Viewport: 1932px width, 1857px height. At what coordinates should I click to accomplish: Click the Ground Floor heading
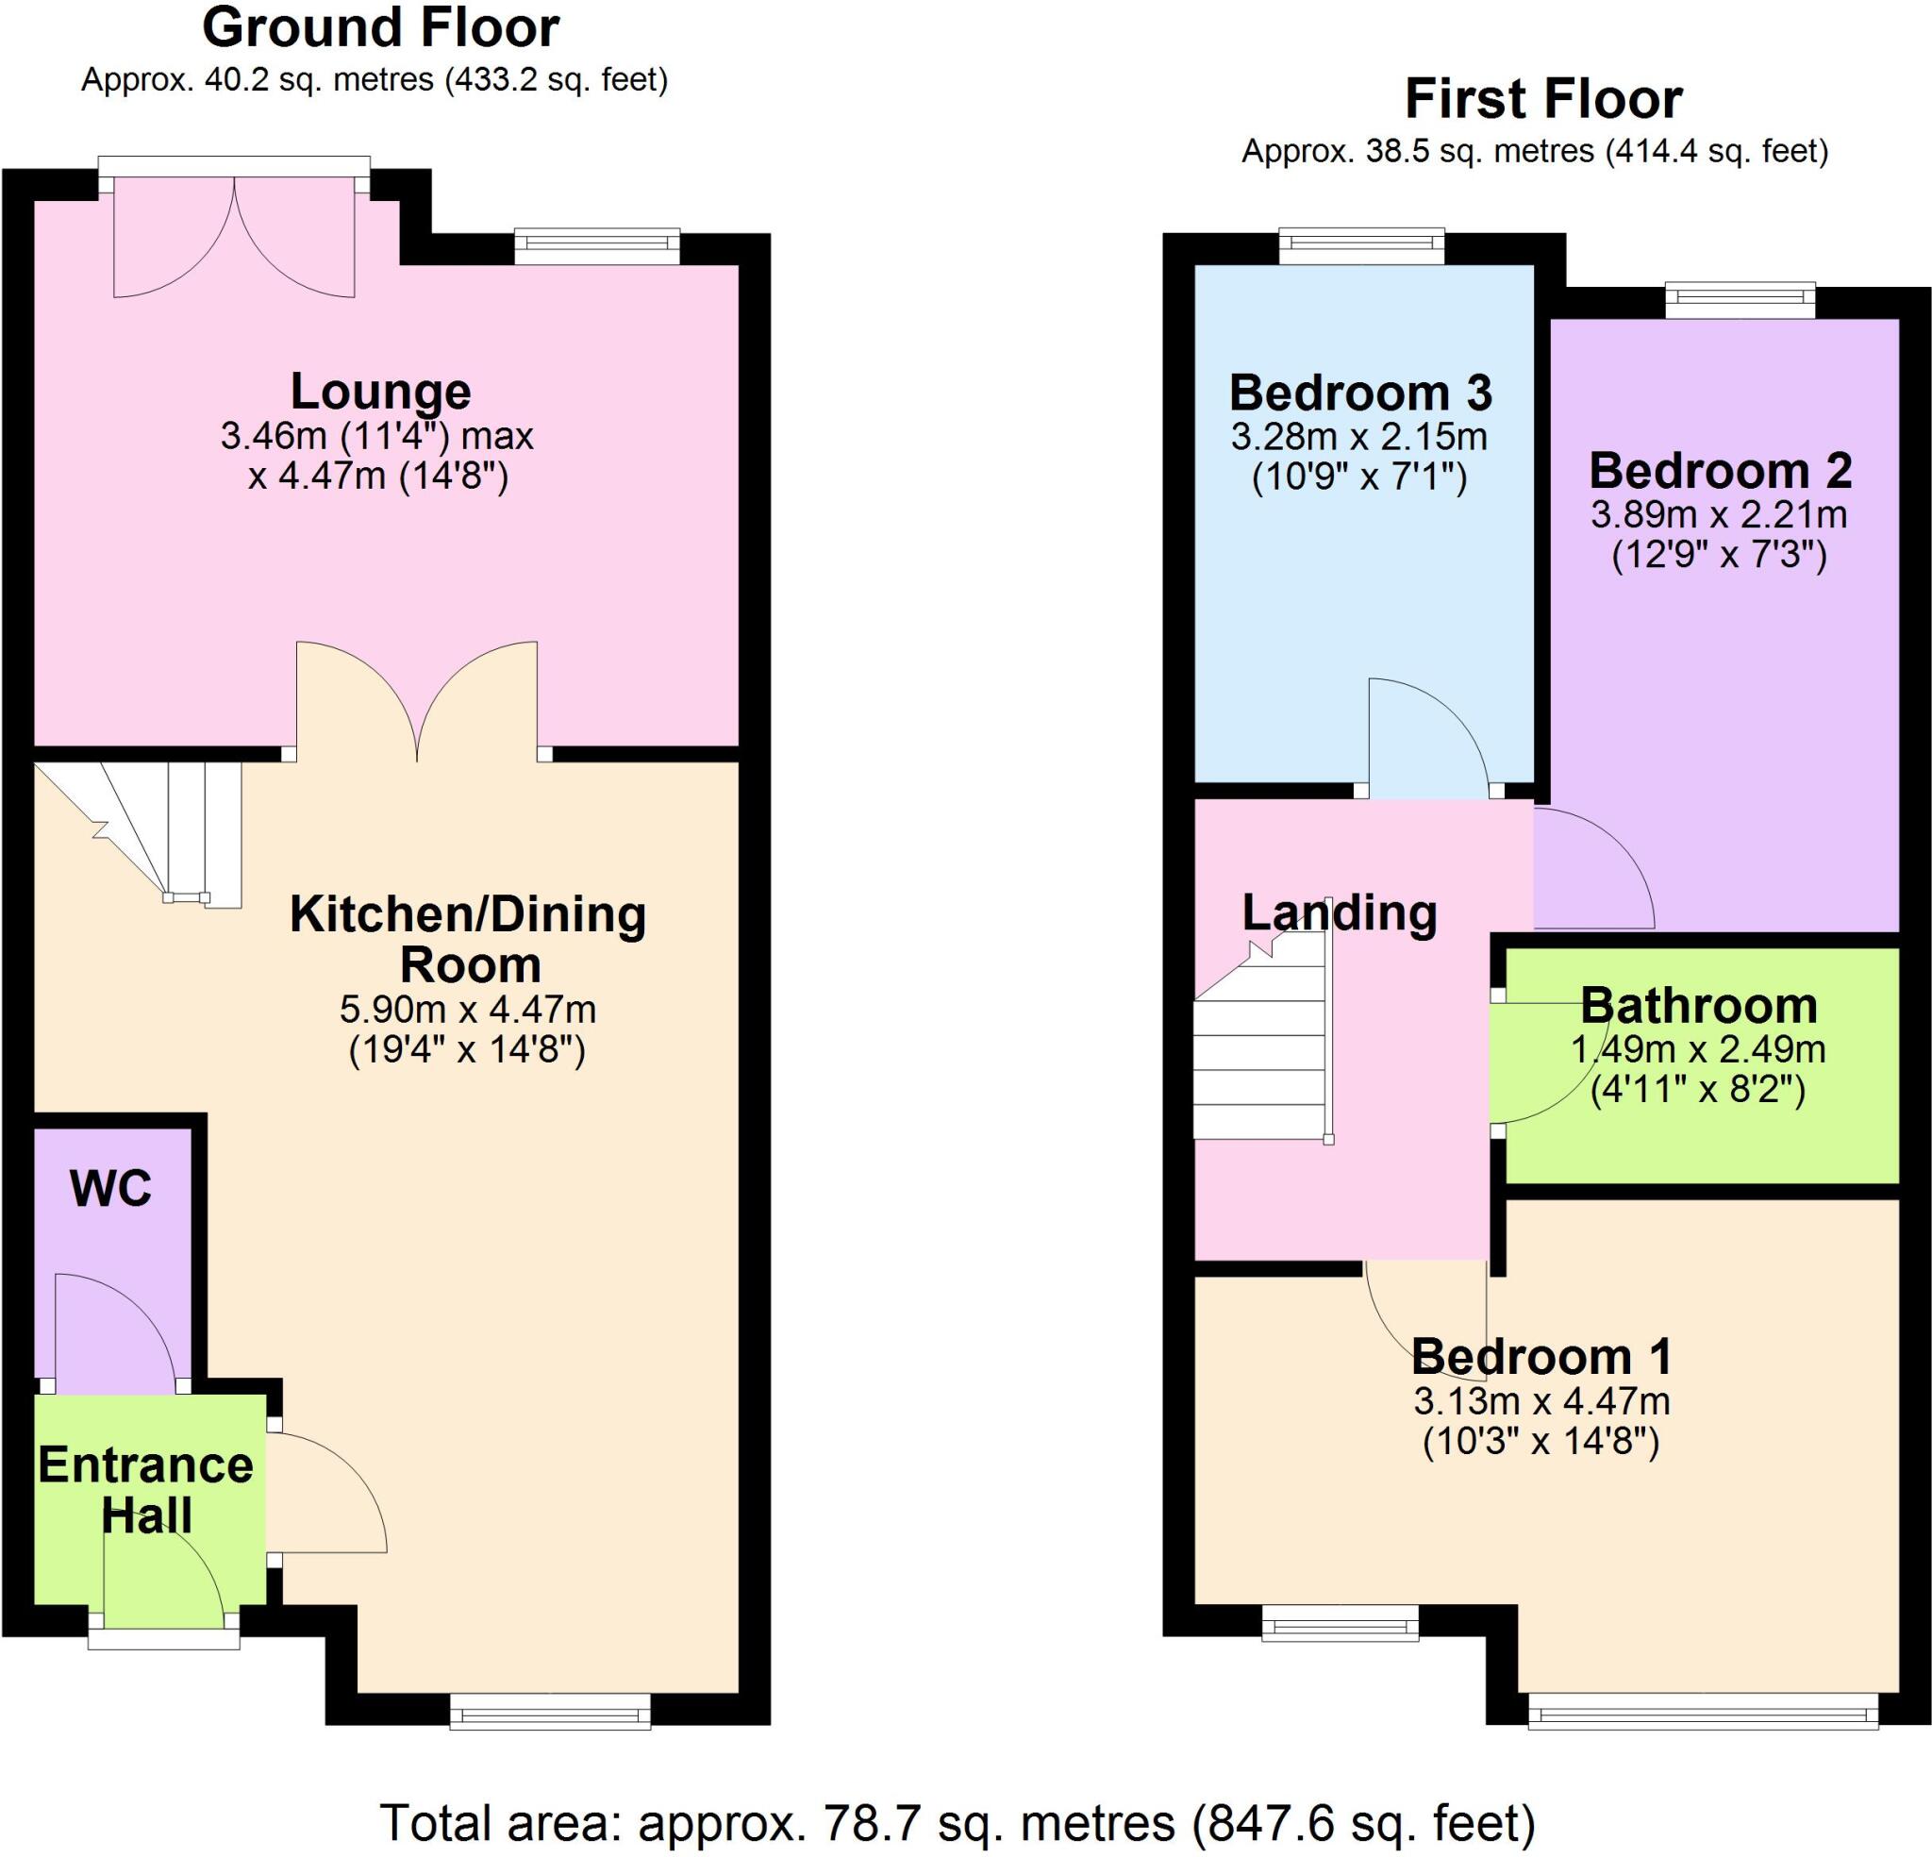(x=380, y=27)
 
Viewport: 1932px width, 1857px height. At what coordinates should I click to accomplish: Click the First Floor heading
(x=1542, y=100)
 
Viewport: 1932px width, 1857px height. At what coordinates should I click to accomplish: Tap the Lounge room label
(x=380, y=392)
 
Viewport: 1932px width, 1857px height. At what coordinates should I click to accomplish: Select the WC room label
(x=111, y=1188)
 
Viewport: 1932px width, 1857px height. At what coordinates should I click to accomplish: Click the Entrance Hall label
(x=146, y=1490)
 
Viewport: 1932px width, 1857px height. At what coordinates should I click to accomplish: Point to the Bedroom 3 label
(x=1360, y=393)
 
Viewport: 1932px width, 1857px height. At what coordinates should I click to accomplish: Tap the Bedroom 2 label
(x=1720, y=472)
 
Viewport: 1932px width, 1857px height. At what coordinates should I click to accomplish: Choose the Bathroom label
(x=1699, y=1006)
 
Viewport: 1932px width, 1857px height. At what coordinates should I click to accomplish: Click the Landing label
(x=1339, y=912)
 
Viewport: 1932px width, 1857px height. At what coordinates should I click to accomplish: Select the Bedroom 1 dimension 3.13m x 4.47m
(x=1541, y=1400)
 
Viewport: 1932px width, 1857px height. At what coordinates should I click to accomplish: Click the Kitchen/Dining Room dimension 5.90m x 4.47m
(x=467, y=1010)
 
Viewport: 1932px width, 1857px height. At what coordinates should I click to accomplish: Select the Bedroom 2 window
(x=1740, y=300)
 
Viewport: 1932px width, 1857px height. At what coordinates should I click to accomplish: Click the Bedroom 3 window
(x=1361, y=245)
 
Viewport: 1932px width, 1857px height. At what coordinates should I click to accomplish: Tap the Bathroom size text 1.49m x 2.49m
(x=1697, y=1048)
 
